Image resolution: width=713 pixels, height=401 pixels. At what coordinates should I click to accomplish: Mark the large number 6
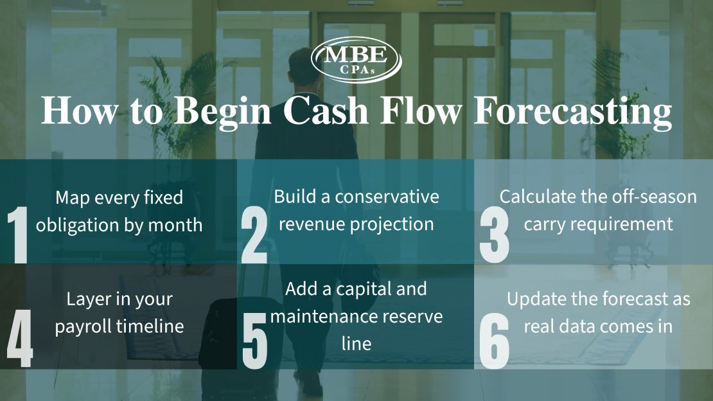[494, 341]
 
